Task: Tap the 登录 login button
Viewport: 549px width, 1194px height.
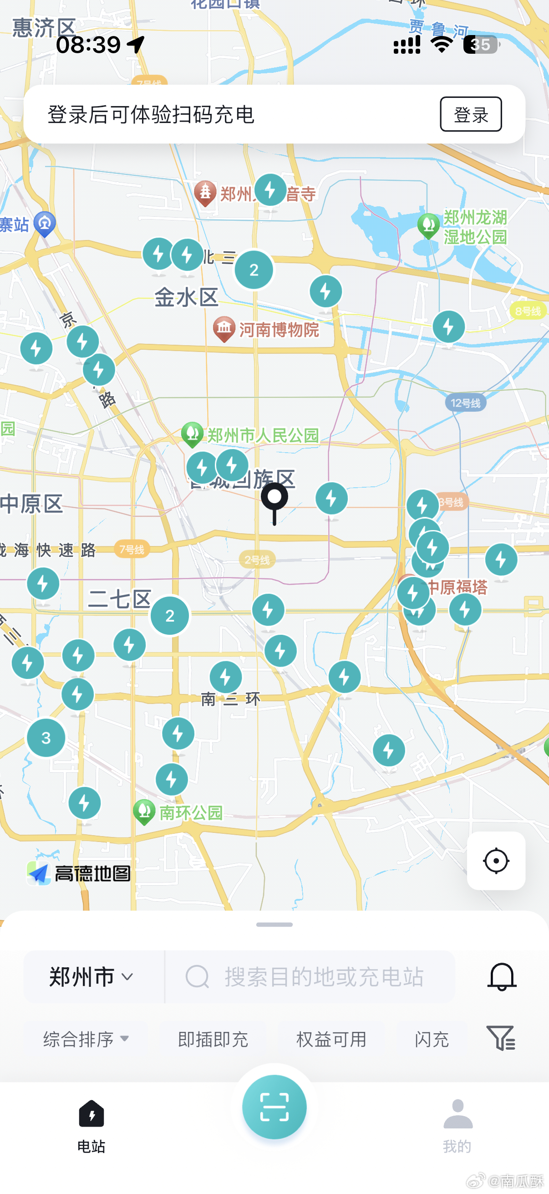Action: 470,114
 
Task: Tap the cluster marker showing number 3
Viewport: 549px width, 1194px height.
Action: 46,737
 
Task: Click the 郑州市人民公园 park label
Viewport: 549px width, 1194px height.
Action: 262,435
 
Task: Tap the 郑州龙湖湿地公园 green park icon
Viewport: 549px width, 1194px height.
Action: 428,225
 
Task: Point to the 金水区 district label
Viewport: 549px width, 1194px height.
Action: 186,297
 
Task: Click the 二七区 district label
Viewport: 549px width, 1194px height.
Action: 120,599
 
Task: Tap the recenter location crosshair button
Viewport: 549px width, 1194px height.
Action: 496,861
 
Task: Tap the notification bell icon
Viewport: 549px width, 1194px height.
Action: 501,977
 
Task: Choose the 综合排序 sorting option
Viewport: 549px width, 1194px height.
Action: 86,1039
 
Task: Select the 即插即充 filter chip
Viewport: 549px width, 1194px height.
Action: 213,1039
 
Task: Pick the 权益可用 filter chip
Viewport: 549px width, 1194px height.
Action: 331,1039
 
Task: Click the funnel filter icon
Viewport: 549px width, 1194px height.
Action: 500,1038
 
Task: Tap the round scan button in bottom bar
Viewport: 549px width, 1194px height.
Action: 274,1107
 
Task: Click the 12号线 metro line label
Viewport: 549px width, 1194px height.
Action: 466,403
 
